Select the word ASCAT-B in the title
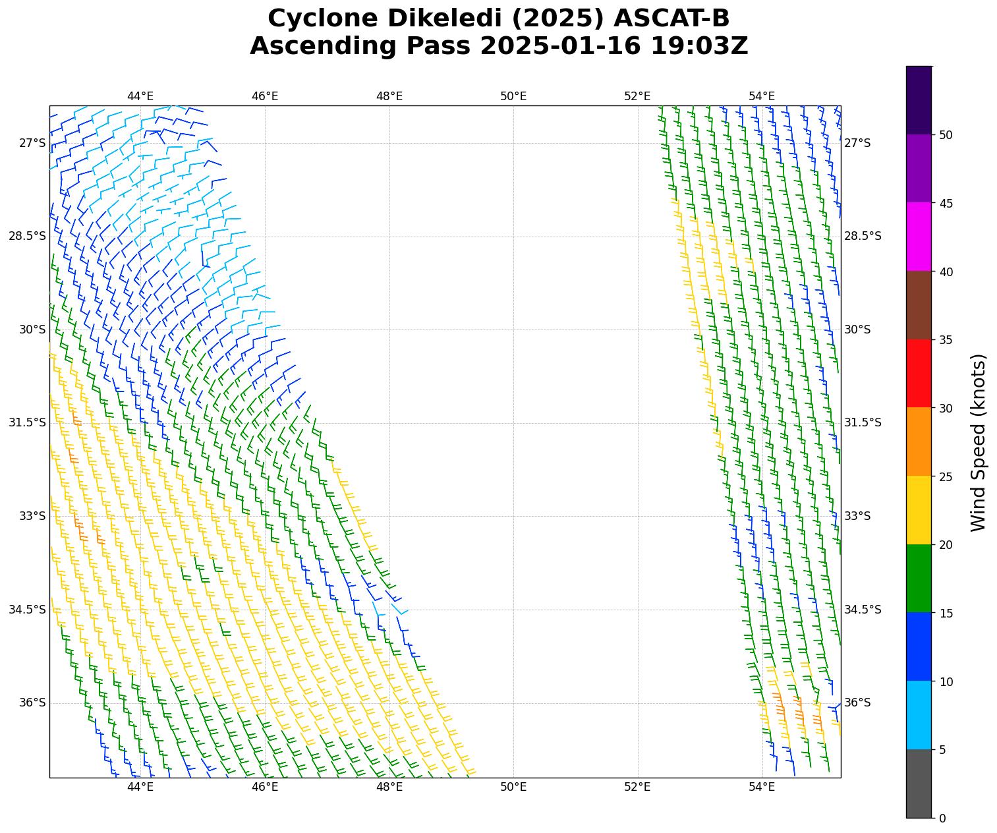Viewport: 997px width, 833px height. (671, 18)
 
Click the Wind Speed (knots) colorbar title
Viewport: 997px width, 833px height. (979, 442)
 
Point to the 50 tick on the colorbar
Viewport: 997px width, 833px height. (945, 135)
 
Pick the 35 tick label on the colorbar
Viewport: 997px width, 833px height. (945, 340)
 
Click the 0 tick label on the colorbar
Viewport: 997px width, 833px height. (942, 818)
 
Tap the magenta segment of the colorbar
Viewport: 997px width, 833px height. (919, 237)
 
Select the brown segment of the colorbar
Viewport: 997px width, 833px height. (919, 305)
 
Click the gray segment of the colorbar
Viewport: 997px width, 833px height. (919, 784)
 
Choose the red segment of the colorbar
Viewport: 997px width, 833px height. (919, 374)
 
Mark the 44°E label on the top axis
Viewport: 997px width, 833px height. (140, 97)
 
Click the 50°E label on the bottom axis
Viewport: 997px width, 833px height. (513, 786)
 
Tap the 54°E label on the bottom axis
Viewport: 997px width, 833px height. (762, 786)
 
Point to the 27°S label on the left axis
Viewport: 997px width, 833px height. (32, 143)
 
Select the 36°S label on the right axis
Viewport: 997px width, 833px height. (857, 703)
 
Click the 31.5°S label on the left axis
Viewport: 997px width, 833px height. (27, 422)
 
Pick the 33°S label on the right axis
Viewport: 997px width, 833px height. (857, 516)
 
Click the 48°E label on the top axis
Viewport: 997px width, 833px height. (389, 97)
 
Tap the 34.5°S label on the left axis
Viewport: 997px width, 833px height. (27, 610)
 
